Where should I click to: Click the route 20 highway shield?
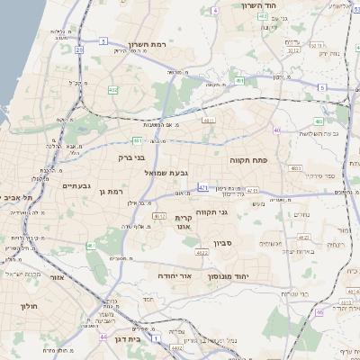(x=79, y=49)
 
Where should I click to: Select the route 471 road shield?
(x=204, y=188)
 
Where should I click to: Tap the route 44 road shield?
(x=104, y=338)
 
